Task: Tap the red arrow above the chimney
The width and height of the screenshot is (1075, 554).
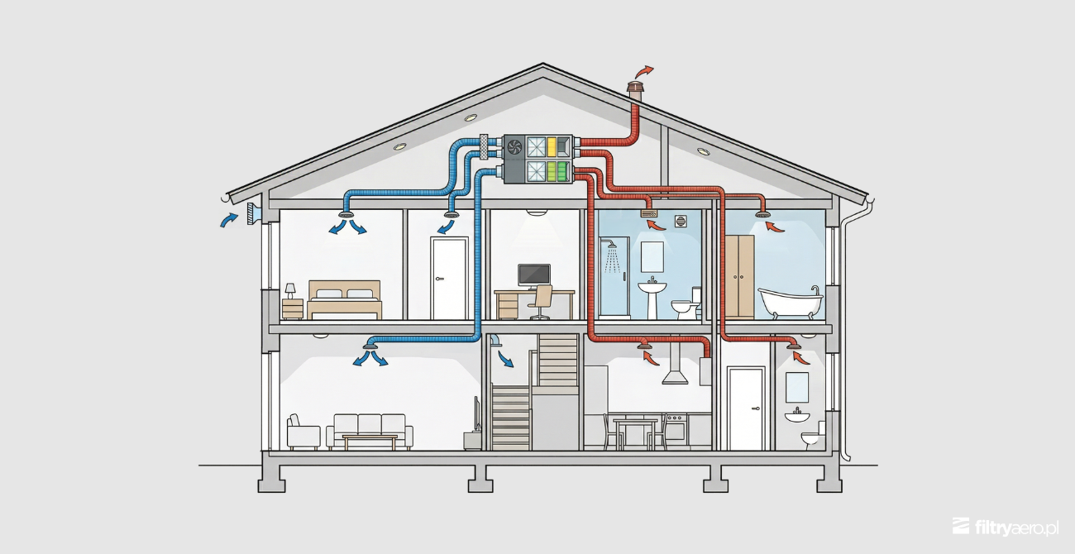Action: (643, 72)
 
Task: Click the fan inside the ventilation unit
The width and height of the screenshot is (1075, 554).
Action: (514, 146)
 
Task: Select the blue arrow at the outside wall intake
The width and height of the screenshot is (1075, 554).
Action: (228, 219)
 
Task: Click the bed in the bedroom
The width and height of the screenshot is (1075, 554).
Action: (344, 300)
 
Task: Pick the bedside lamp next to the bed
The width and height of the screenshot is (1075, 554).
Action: (290, 290)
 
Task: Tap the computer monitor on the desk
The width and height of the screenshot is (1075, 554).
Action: (533, 276)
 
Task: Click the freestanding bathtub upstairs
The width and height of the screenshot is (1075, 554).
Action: (790, 301)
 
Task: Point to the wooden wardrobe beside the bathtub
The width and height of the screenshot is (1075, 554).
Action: (739, 276)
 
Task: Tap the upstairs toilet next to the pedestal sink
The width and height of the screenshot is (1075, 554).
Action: (686, 304)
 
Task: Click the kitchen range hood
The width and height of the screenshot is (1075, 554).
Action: (675, 365)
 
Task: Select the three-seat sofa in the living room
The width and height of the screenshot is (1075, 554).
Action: (369, 430)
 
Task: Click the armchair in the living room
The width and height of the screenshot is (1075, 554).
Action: (303, 432)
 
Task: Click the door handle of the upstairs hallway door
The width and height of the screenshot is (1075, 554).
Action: (441, 279)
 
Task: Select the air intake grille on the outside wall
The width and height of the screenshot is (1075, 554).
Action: (252, 213)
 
